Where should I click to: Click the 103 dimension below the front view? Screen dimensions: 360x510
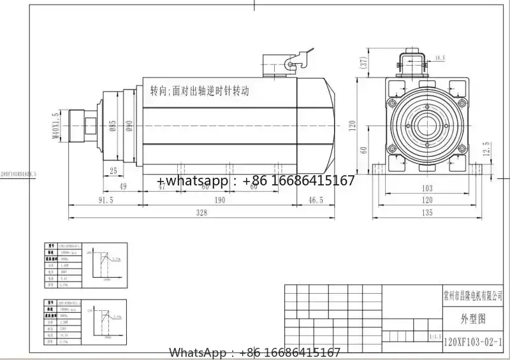(427, 188)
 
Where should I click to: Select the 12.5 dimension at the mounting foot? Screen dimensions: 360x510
(486, 148)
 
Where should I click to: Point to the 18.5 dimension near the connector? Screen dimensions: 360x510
(440, 58)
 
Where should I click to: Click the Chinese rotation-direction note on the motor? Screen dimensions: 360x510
(199, 90)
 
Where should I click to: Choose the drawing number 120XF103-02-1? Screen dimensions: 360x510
(474, 342)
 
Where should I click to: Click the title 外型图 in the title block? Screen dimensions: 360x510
(473, 318)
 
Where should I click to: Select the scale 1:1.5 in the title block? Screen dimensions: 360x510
(436, 335)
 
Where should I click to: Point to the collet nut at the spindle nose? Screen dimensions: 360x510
(82, 125)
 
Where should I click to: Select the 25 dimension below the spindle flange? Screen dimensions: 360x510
(113, 170)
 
